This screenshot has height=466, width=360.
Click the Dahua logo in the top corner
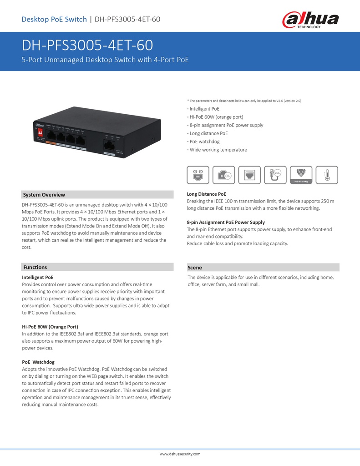[x=310, y=20]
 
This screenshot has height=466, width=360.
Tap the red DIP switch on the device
[x=40, y=132]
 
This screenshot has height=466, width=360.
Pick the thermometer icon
[x=325, y=175]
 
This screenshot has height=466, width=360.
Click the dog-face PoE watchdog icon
[x=301, y=175]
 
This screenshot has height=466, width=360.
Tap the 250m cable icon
[x=275, y=175]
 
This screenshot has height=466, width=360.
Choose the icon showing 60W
[x=224, y=175]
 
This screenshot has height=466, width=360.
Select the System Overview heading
[x=44, y=195]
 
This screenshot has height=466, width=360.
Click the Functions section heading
[x=35, y=267]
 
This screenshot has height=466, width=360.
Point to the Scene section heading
[x=195, y=268]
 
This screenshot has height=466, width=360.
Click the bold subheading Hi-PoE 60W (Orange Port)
[x=50, y=327]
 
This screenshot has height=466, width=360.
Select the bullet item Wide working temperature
[x=218, y=150]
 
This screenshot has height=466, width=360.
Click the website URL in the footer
[x=180, y=454]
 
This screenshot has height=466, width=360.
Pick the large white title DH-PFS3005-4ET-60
[x=87, y=46]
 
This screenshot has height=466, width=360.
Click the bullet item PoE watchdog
[x=204, y=142]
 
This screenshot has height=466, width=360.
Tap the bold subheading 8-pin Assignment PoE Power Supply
[x=226, y=222]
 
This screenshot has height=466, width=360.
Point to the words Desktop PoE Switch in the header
[x=54, y=19]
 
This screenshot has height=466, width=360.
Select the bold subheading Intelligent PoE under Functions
[x=38, y=277]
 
